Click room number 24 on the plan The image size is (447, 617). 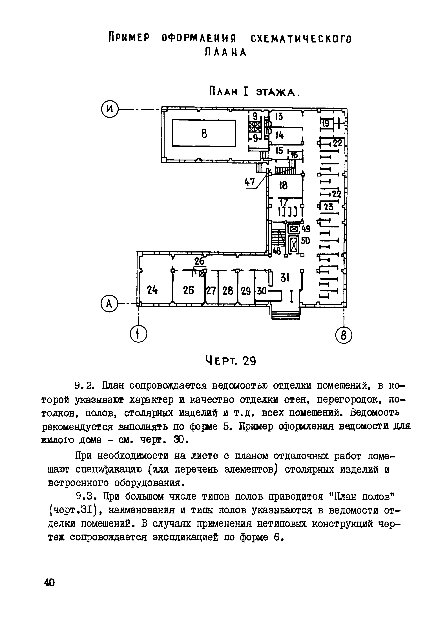tap(152, 290)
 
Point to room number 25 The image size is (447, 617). tap(188, 290)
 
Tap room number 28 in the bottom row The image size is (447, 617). tap(228, 291)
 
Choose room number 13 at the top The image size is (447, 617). tap(279, 117)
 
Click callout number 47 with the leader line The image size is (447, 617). tap(250, 182)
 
